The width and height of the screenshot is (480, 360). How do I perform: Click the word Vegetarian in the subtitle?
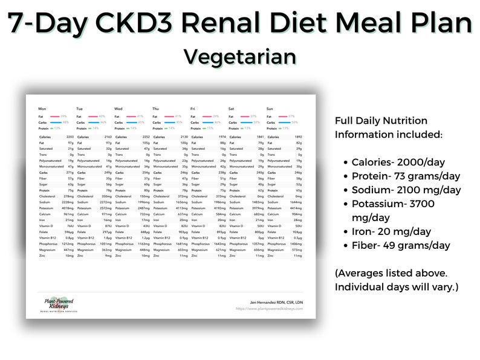tap(240, 56)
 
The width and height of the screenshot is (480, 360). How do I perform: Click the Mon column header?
tap(42, 109)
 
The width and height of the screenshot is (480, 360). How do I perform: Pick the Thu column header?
tap(157, 109)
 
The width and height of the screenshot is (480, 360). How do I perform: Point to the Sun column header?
tap(270, 109)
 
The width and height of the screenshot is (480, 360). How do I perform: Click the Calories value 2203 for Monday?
tap(68, 137)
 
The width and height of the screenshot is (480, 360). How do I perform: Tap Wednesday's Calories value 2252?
tap(144, 137)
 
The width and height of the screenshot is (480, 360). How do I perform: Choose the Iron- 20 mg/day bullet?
tap(391, 231)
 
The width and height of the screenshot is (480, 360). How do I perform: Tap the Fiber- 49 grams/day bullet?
tap(400, 245)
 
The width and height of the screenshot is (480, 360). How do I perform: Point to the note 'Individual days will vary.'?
tap(397, 287)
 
